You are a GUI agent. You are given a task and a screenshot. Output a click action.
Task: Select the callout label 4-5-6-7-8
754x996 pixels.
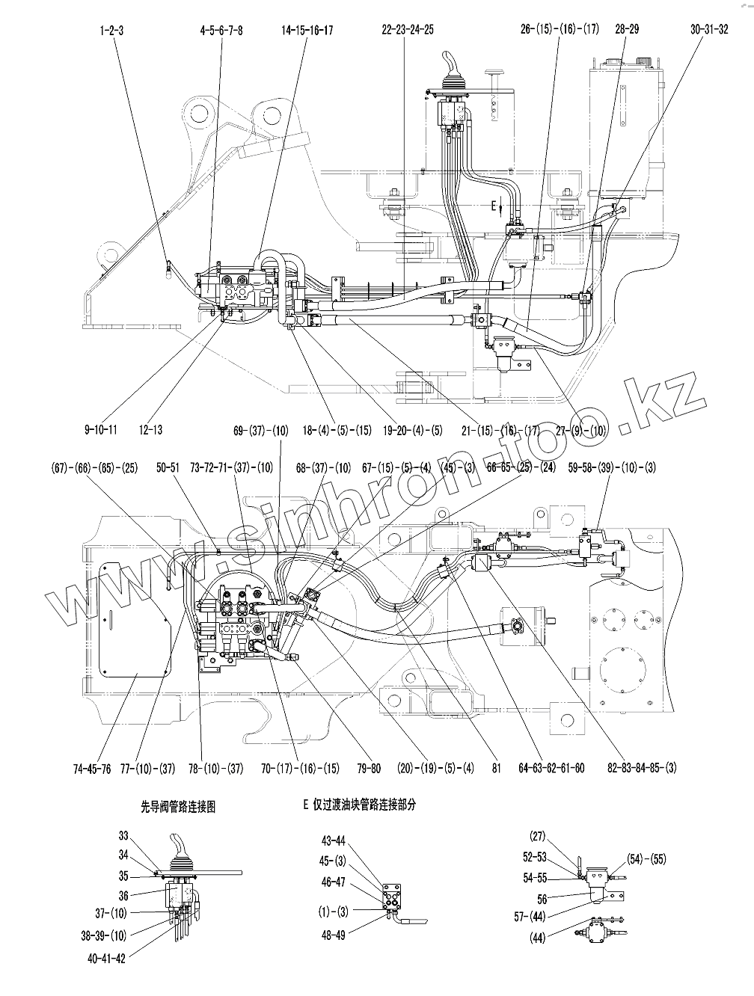221,30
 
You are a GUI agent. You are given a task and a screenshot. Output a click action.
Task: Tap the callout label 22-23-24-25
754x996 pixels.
407,30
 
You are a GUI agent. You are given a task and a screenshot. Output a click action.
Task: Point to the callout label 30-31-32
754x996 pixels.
708,30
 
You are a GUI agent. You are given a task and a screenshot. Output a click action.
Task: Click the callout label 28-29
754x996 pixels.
627,30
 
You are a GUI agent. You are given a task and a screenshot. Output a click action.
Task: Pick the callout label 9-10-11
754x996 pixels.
101,430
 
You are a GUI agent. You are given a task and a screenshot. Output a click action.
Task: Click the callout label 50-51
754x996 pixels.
168,468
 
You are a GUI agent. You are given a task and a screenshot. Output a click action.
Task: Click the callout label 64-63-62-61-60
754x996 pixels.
551,768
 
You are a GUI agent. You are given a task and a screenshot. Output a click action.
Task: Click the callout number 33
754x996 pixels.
123,835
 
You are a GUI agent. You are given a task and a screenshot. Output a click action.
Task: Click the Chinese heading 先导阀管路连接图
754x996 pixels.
178,808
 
